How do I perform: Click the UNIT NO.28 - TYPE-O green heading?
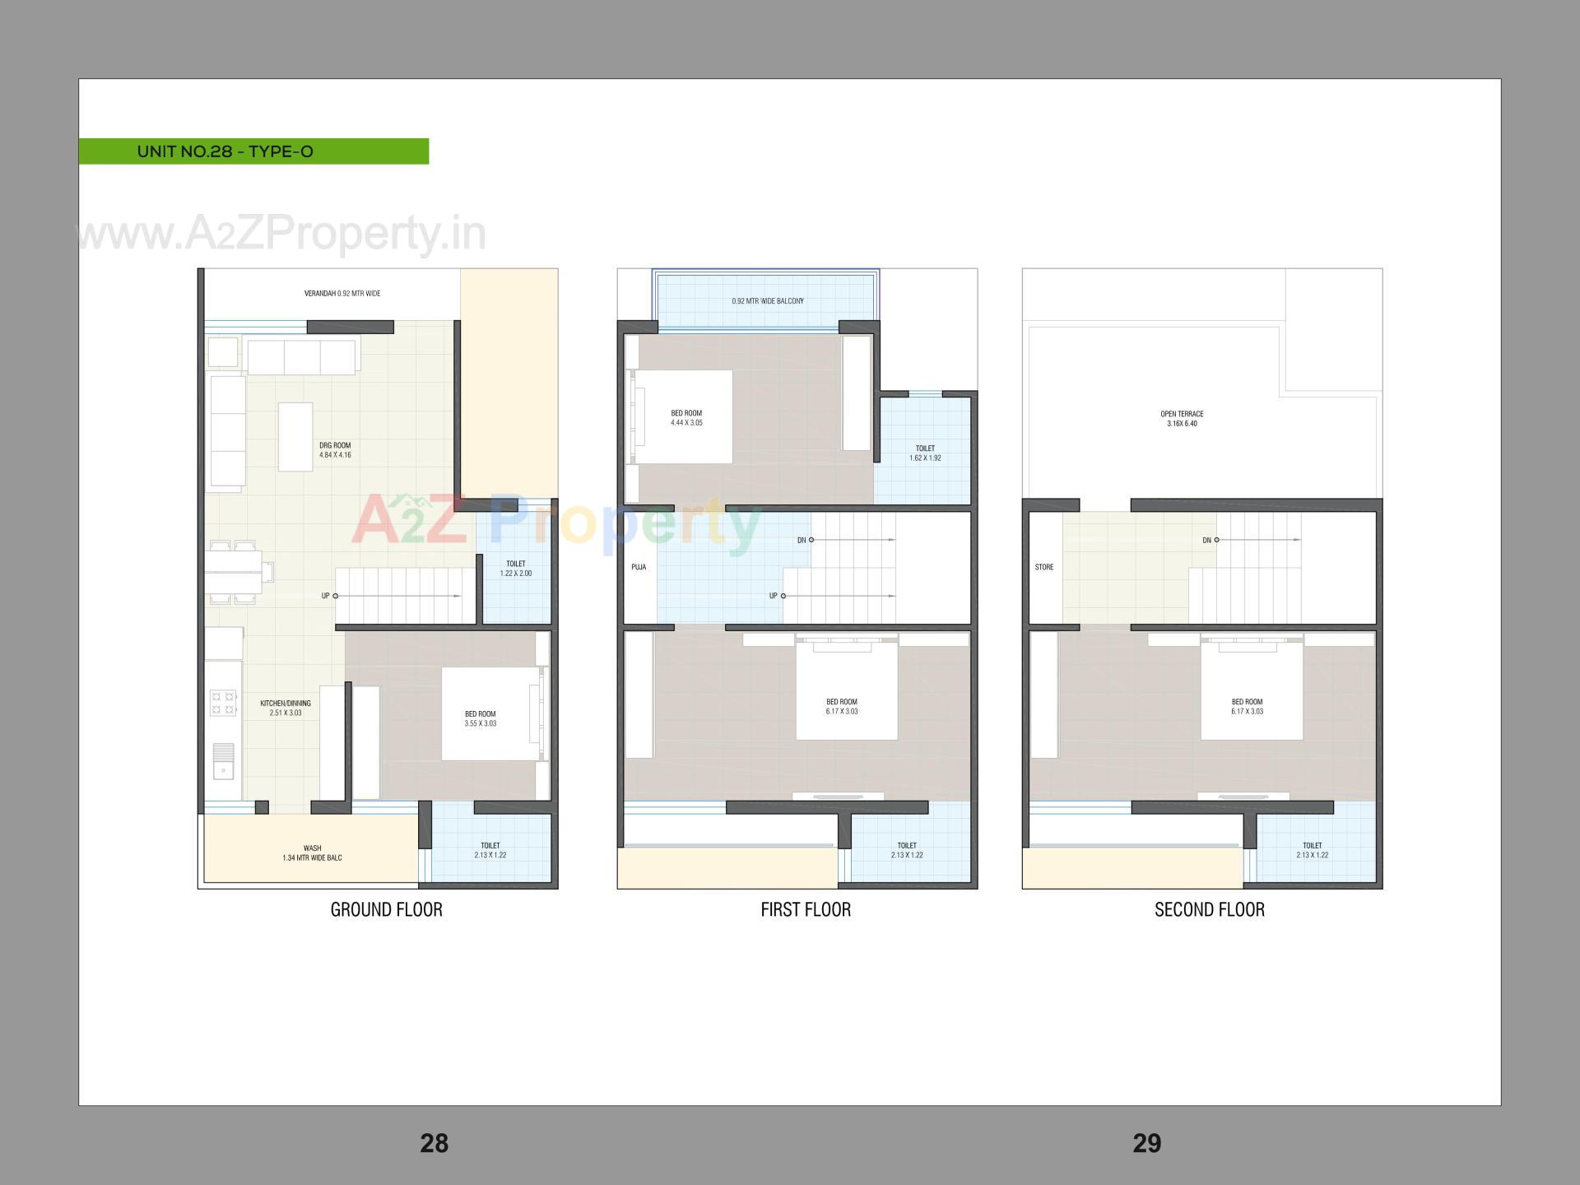(225, 151)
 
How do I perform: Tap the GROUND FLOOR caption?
(386, 909)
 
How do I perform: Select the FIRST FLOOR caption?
(806, 909)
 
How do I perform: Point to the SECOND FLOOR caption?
(1209, 909)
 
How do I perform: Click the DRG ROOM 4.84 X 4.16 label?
(335, 450)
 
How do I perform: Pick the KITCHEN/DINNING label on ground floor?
(286, 708)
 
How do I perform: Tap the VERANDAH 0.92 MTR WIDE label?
(342, 294)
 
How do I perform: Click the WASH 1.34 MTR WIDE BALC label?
(312, 853)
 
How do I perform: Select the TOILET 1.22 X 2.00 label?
(516, 569)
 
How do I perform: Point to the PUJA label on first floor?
(639, 567)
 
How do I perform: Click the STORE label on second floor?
(1043, 567)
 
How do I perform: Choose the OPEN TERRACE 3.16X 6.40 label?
(1182, 419)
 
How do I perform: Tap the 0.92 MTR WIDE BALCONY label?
(767, 301)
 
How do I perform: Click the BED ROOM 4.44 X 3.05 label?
(686, 418)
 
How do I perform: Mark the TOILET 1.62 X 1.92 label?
(925, 453)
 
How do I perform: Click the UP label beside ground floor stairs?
(326, 596)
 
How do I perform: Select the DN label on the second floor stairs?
(1206, 541)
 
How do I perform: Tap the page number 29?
(1146, 1143)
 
